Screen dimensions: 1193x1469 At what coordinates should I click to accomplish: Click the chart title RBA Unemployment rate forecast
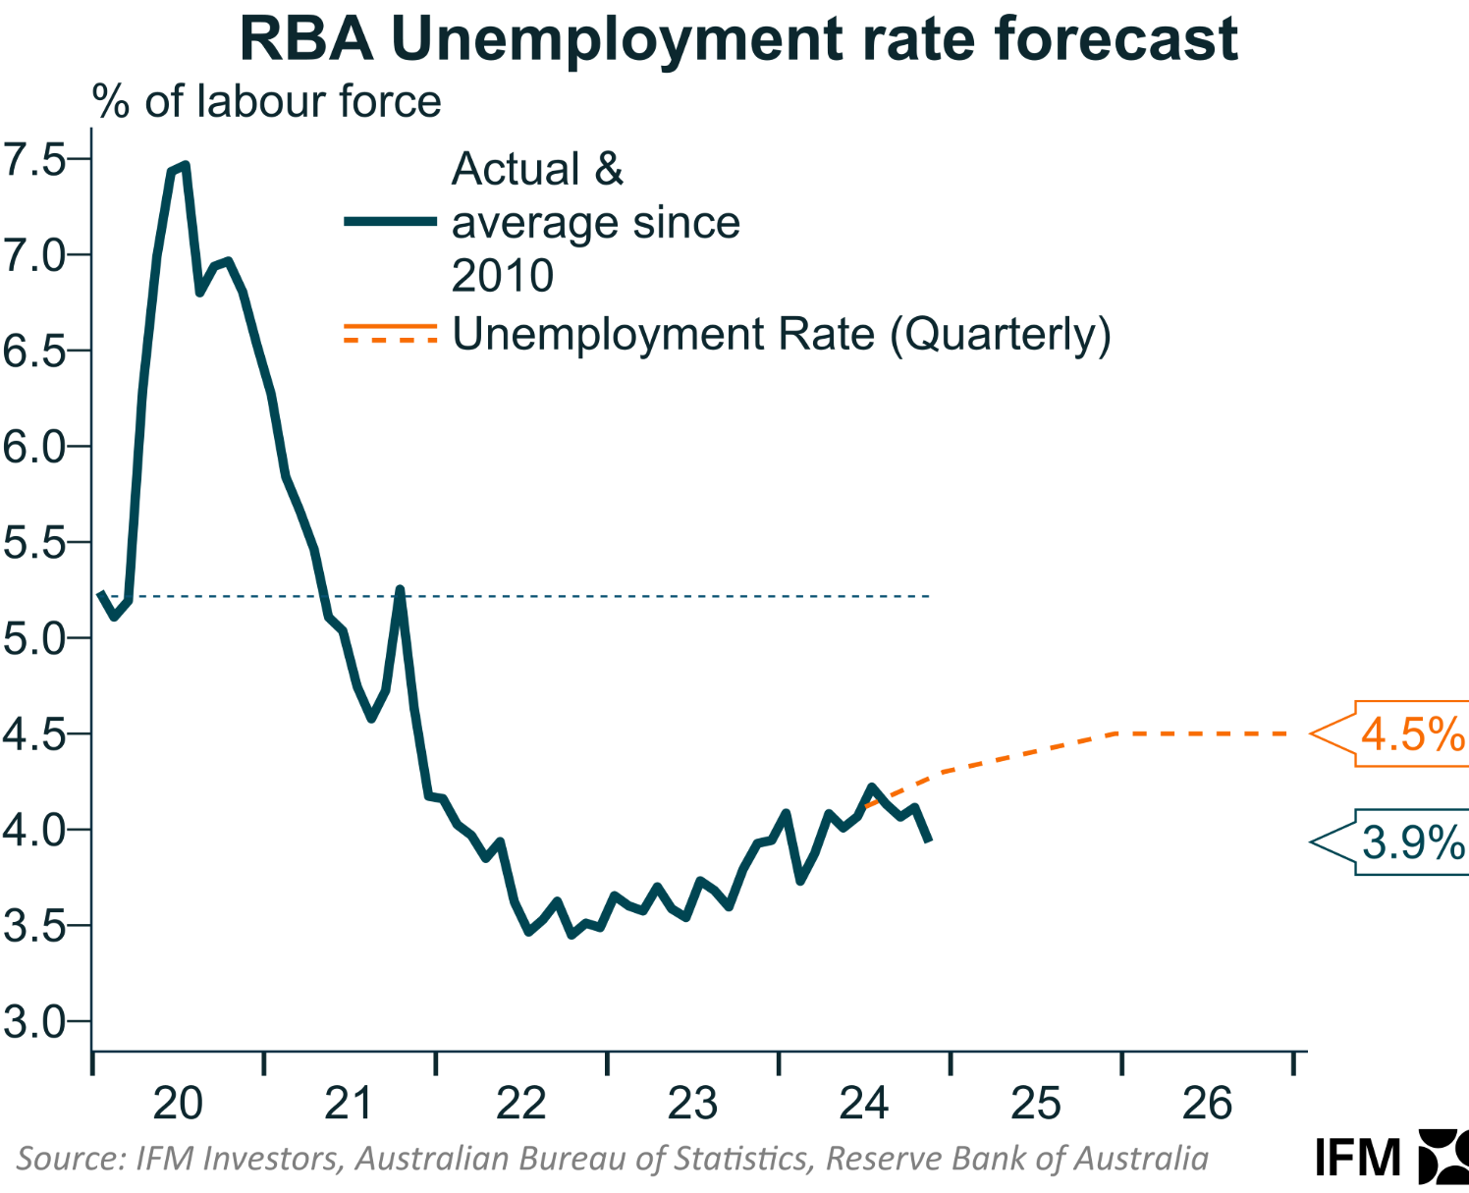tap(738, 39)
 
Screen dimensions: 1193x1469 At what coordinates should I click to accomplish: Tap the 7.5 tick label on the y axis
tap(33, 159)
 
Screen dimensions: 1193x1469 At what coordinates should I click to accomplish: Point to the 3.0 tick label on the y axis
tap(33, 1022)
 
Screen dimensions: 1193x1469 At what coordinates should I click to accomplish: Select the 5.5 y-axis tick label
tap(33, 542)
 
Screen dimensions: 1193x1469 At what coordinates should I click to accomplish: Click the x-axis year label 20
tap(178, 1104)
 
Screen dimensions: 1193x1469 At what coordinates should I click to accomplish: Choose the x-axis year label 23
tap(692, 1104)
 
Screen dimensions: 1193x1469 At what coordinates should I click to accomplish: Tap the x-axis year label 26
tap(1207, 1104)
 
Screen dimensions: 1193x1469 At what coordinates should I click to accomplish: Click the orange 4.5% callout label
tap(1412, 734)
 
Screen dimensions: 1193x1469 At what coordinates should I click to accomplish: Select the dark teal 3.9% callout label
tap(1412, 842)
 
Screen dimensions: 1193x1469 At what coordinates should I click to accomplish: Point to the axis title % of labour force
tap(267, 102)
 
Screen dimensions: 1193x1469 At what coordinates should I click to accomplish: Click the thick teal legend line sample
tap(390, 223)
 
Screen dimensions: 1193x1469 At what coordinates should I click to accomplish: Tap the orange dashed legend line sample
tap(390, 340)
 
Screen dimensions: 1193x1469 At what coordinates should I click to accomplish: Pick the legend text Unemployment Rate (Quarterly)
tap(782, 335)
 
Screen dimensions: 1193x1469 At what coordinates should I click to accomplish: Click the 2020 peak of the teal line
tap(185, 165)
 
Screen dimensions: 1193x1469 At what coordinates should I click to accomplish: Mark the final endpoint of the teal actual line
tap(928, 841)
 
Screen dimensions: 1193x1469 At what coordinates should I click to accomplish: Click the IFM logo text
tap(1358, 1159)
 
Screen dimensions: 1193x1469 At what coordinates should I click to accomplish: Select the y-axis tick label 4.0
tap(33, 830)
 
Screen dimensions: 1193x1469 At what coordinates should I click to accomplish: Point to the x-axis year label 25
tap(1036, 1104)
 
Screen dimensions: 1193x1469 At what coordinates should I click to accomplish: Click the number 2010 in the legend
tap(503, 276)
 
